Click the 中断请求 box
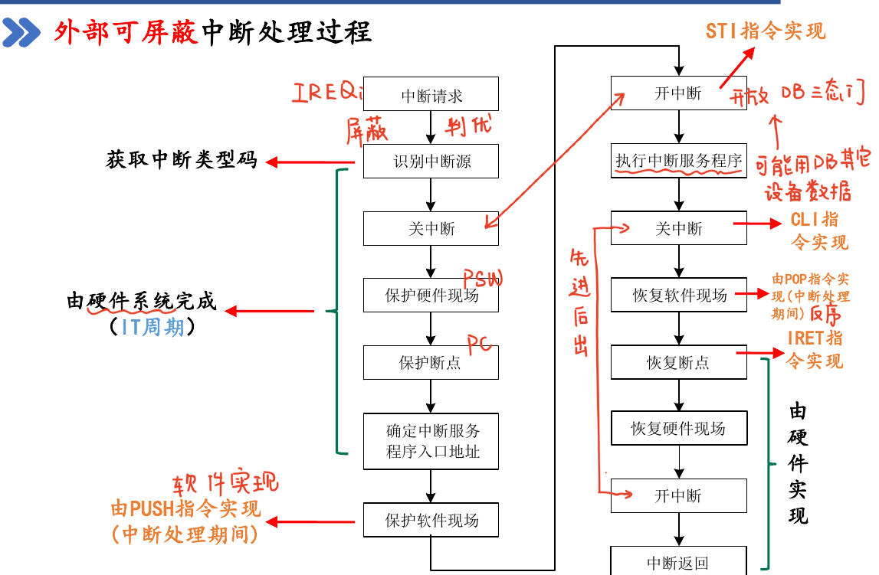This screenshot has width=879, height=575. point(431,94)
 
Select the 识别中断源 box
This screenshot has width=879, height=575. point(431,162)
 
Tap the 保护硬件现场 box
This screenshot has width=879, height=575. point(431,295)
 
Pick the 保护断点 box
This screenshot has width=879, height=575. point(431,362)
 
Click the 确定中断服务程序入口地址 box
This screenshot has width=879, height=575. point(431,441)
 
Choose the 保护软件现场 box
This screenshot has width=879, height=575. point(431,521)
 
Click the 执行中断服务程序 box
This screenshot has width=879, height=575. point(678,162)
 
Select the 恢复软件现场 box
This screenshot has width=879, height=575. point(678,295)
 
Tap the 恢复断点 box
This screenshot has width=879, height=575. point(678,362)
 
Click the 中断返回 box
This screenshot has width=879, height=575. point(678,563)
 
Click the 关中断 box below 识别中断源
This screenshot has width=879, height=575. point(431,228)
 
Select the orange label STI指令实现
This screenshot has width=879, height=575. point(766,31)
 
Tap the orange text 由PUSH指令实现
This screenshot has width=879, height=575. point(186,508)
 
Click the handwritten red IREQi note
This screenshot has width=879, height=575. point(326,93)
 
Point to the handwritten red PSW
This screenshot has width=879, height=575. point(483,277)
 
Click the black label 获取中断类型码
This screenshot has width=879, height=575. point(181,161)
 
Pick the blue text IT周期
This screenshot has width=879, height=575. point(153,327)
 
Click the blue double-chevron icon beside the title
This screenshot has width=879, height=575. point(21,33)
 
